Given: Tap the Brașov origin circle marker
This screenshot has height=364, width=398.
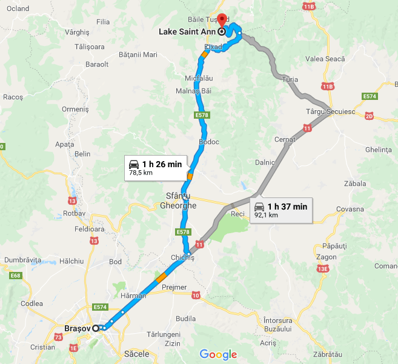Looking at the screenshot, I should (x=96, y=328).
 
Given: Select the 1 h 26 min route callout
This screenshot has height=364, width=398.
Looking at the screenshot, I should (x=155, y=167).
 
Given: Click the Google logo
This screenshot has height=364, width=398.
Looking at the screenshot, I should (x=218, y=355).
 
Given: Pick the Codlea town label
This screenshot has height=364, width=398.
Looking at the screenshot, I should (x=32, y=303).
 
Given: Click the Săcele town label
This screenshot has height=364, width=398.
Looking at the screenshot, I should (x=136, y=352).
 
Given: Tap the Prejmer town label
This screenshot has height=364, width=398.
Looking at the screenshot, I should (x=174, y=287).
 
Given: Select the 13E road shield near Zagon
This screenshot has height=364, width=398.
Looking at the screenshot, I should (x=322, y=268).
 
